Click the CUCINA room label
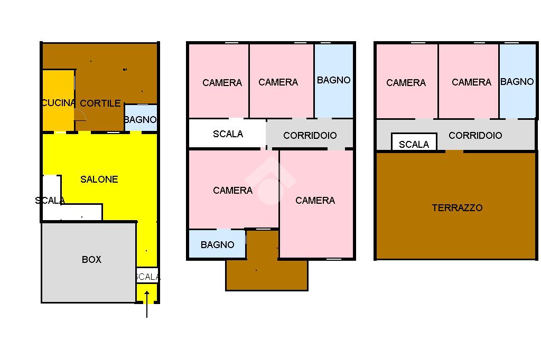coord(58,103)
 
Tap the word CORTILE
coord(100,103)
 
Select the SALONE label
coord(99,179)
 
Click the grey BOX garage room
coord(89,262)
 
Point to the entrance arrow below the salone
coord(147,304)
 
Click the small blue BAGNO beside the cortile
coord(141,118)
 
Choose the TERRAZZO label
coord(457,207)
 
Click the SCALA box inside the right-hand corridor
coord(414,141)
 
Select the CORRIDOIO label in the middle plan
coord(310,136)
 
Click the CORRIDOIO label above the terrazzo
coord(475,135)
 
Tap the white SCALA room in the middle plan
coord(228,134)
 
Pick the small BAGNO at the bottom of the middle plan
coord(217,244)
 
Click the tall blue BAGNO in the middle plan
coord(334,81)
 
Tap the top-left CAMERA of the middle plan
coord(219,81)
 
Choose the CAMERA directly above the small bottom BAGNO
coord(234,189)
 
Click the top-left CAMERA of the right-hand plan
coord(407,81)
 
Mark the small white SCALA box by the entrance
coord(147,276)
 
